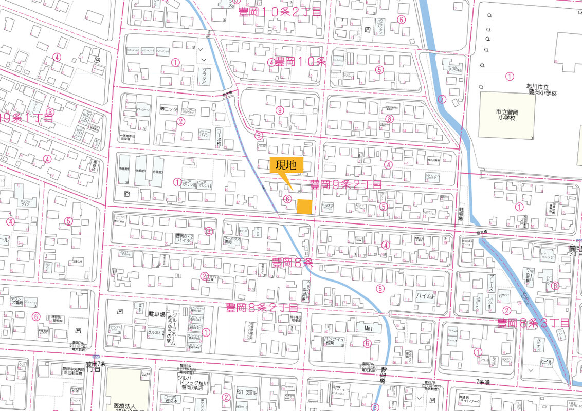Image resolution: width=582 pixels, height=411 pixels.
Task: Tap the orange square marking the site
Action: click(x=304, y=206)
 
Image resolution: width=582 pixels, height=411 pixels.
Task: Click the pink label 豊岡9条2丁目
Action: click(x=345, y=184)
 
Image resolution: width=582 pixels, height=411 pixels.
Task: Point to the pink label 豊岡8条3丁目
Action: click(x=533, y=323)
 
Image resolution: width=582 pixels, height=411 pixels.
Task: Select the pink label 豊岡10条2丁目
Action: click(x=280, y=12)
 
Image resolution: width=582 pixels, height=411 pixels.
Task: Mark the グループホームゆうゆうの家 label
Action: click(x=176, y=328)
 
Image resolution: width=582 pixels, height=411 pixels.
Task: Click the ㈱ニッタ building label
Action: click(x=169, y=110)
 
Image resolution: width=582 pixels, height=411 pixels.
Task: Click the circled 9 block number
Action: click(x=280, y=110)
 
